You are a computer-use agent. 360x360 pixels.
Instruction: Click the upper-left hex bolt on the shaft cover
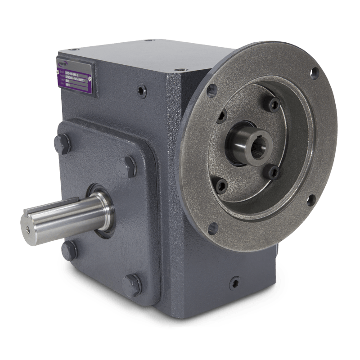point(62,143)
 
